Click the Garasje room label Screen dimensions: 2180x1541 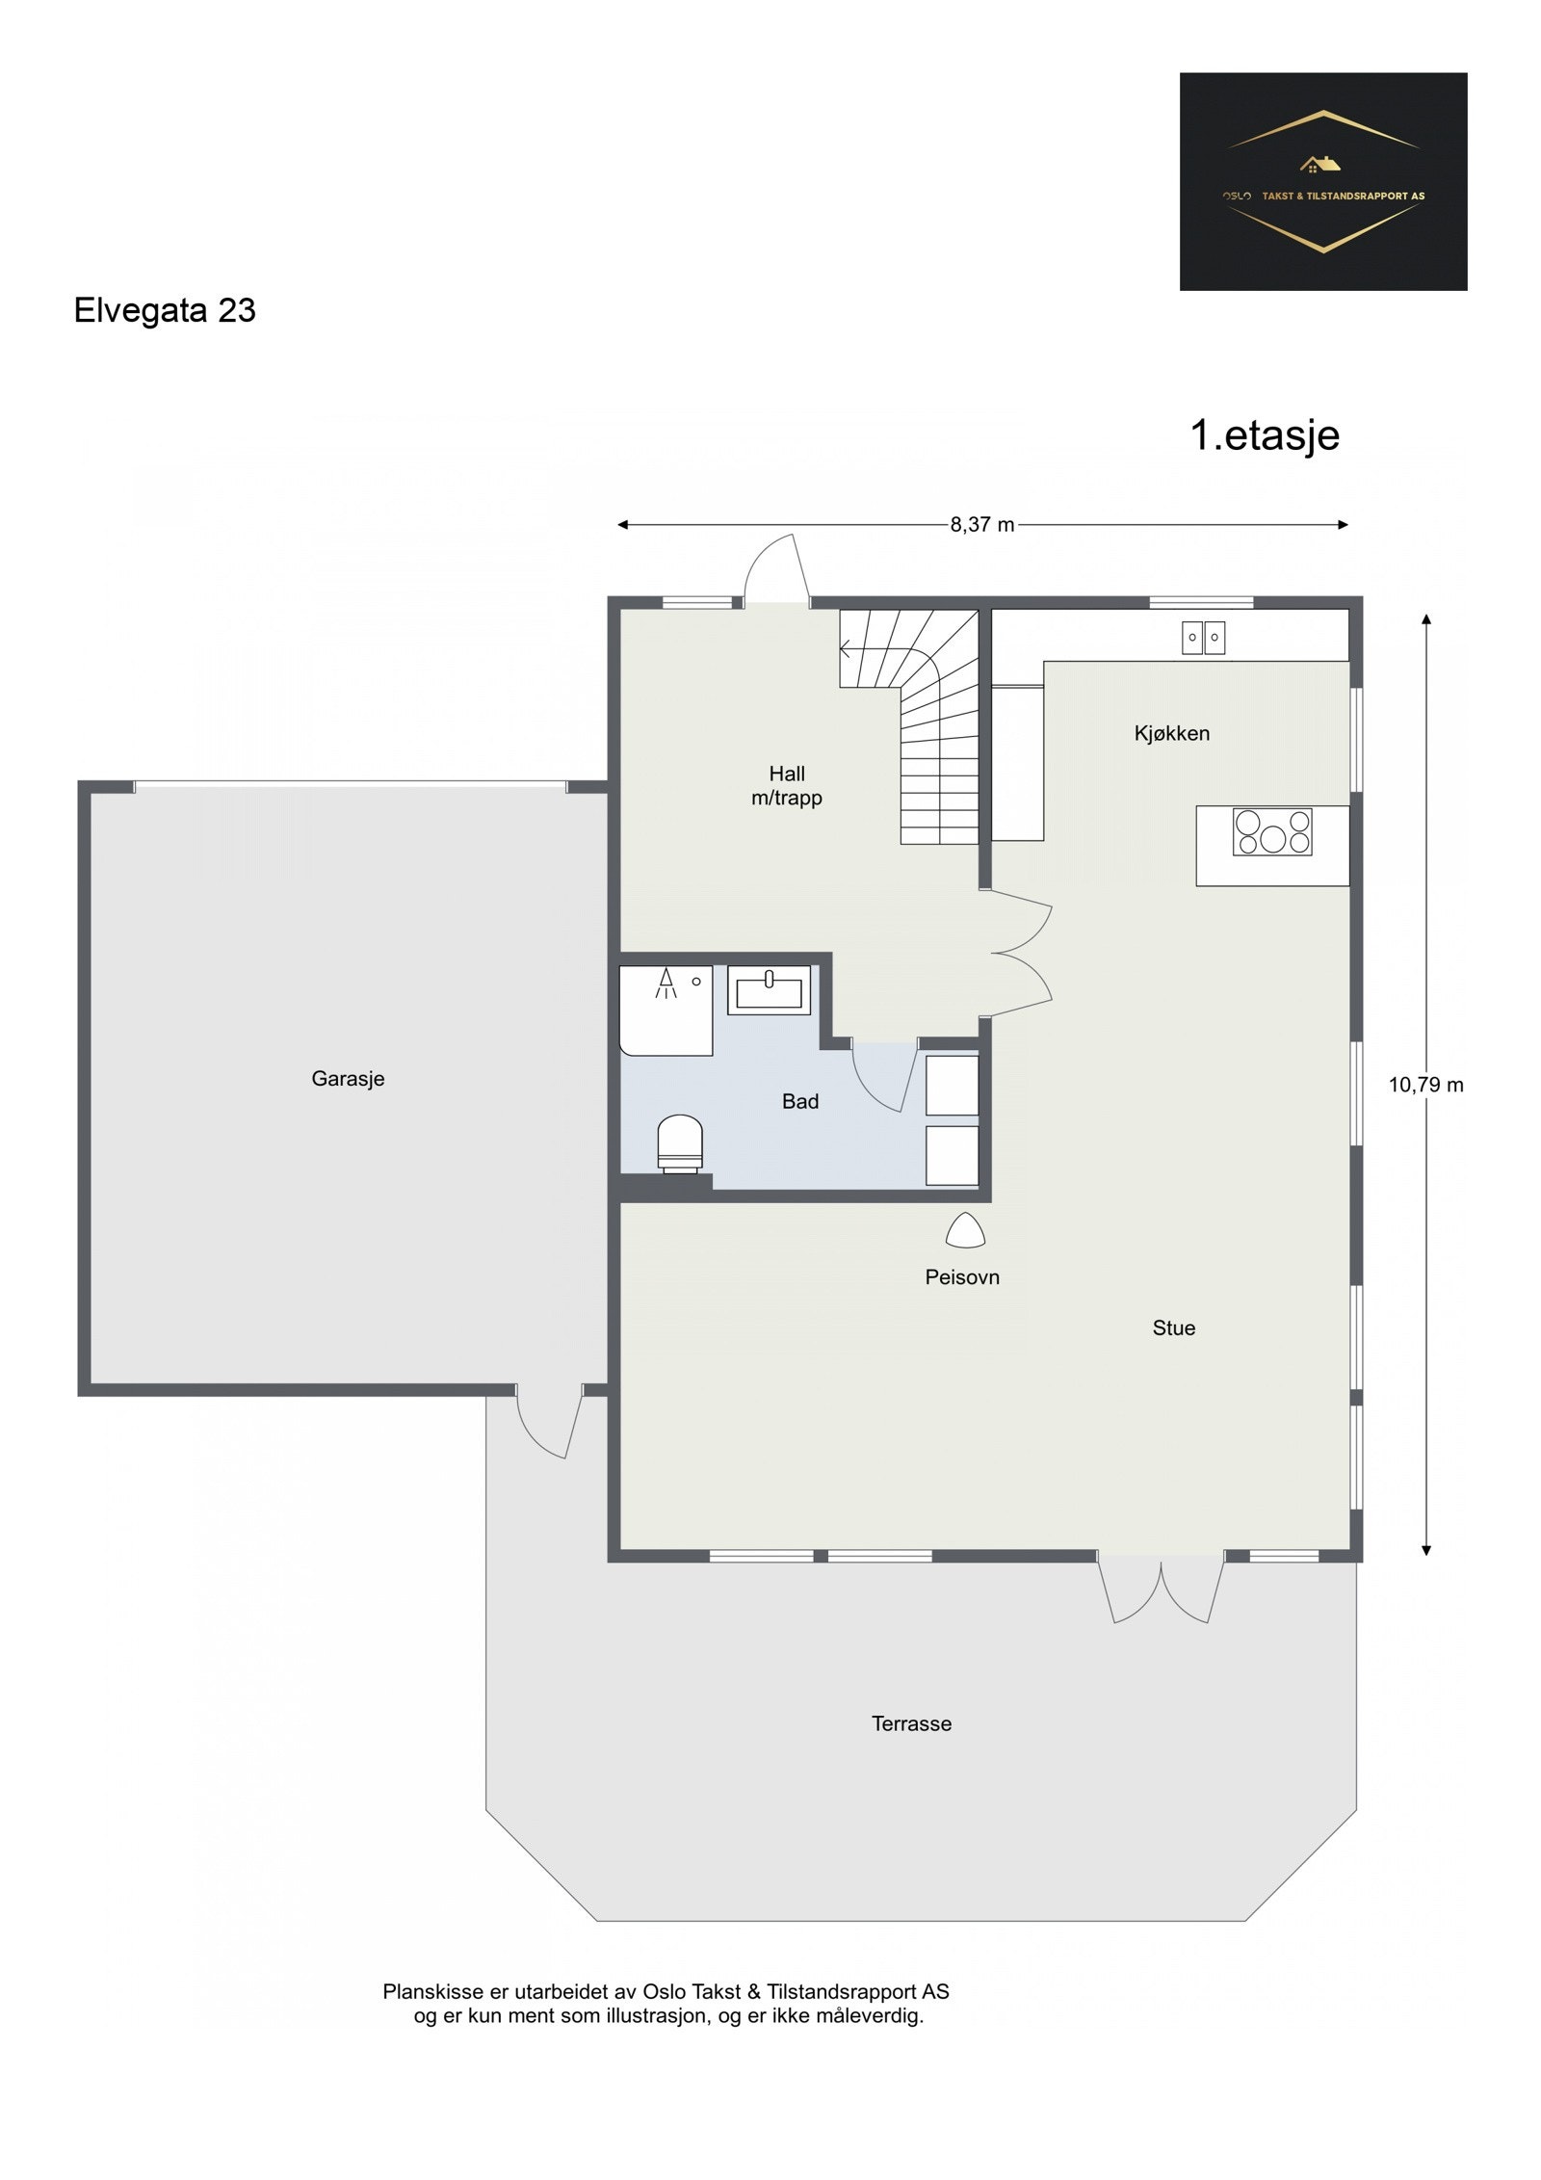pos(348,1079)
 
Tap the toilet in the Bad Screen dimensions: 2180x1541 pos(680,1143)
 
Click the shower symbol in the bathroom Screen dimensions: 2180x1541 pos(666,983)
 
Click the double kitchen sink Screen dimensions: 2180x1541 pos(1203,638)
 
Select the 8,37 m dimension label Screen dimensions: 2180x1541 pos(982,525)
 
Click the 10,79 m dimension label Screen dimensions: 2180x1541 pos(1425,1085)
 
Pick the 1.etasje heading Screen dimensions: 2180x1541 pos(1265,435)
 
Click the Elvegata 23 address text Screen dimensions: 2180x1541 pos(165,311)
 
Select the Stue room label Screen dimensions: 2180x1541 pos(1174,1328)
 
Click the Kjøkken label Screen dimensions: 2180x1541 pos(1172,733)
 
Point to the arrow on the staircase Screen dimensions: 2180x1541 pos(849,648)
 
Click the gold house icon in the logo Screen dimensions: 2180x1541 pos(1320,165)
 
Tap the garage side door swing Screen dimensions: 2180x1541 pos(550,1423)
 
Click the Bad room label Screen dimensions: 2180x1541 pos(800,1102)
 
